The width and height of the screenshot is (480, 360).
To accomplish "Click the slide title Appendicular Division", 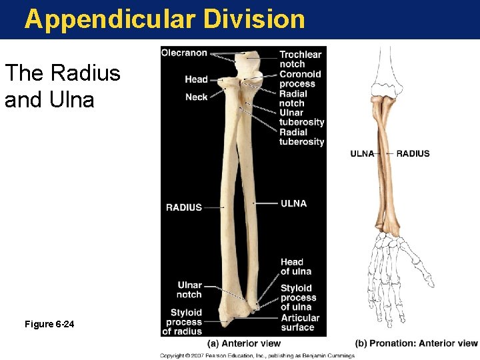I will (x=165, y=19).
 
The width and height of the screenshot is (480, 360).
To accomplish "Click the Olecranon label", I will (x=184, y=53).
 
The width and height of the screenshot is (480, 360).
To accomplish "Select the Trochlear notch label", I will (x=300, y=59).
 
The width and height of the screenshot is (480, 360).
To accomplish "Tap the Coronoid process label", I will (x=300, y=79).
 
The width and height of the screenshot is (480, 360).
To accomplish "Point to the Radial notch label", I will (x=293, y=98).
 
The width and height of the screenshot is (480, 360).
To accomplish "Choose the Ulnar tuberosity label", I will (x=301, y=117).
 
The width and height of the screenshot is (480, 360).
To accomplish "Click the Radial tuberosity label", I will (x=301, y=137).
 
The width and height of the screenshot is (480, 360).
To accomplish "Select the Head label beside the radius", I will (x=196, y=79).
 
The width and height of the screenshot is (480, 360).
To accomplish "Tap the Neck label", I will (x=196, y=98).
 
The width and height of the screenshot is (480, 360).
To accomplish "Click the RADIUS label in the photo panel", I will (x=183, y=207).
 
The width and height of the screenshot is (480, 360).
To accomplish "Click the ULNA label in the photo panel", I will (x=293, y=203).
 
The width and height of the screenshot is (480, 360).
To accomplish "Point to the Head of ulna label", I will (x=295, y=267).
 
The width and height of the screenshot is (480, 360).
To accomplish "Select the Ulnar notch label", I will (x=189, y=290).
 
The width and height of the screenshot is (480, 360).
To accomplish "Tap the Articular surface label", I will (x=299, y=323).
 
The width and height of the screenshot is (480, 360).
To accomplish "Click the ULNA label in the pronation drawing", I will (x=362, y=153).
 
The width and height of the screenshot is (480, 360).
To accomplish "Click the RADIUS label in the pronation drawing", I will (x=413, y=153).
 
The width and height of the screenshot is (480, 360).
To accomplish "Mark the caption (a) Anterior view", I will (x=244, y=343).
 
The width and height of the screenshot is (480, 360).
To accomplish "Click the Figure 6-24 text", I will (x=49, y=324).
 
